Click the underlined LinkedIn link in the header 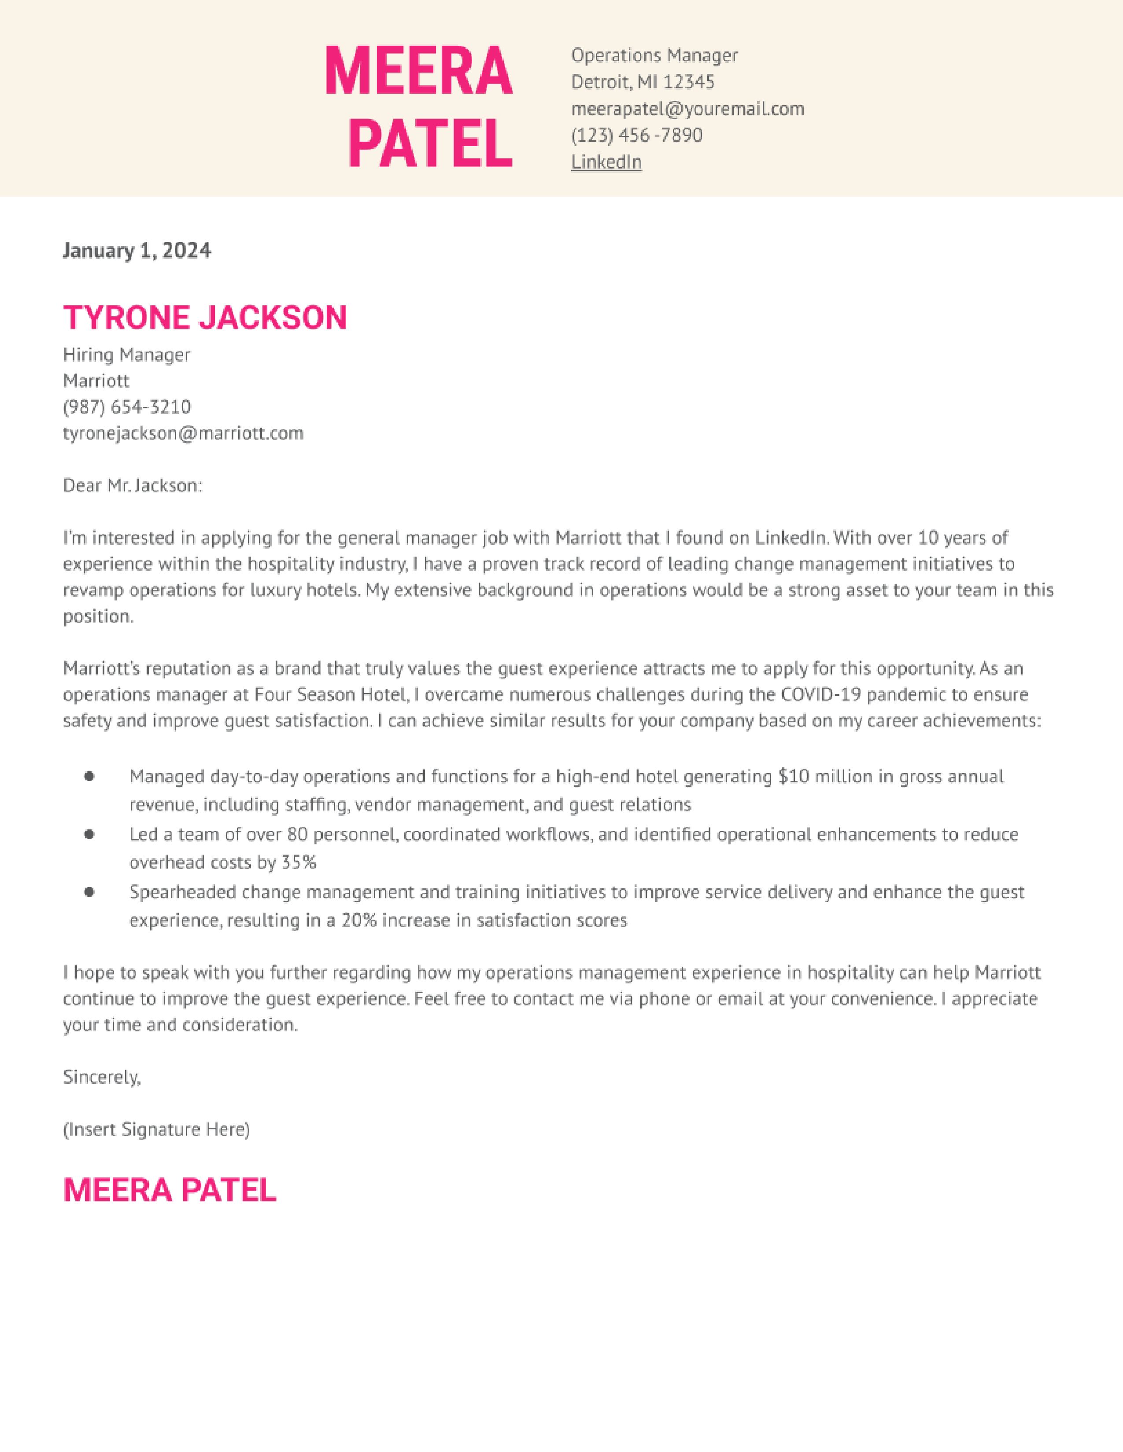pos(606,162)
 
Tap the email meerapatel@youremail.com pos(687,109)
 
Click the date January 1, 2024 pos(137,251)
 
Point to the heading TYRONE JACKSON pos(205,317)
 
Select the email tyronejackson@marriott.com pos(183,433)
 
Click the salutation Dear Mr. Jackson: pos(133,486)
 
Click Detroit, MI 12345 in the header pos(643,82)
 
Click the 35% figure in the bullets pos(299,863)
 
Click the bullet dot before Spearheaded pos(89,892)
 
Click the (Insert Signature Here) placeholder pos(156,1129)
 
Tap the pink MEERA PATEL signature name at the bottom pos(169,1190)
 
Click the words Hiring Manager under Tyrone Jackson pos(126,355)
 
